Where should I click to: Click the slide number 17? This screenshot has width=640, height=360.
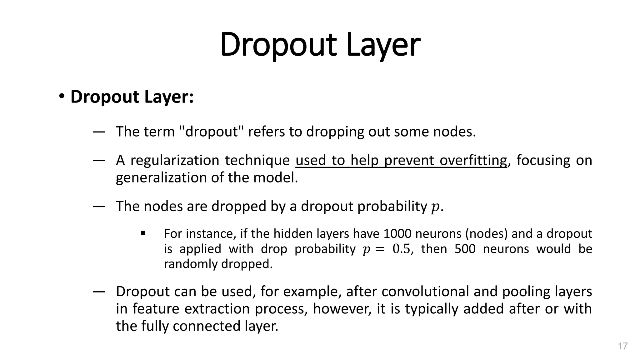tap(623, 346)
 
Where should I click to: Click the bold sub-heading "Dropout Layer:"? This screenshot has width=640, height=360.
tap(132, 97)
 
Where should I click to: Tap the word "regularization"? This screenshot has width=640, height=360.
tap(174, 160)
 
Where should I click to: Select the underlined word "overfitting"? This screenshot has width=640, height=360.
tap(473, 160)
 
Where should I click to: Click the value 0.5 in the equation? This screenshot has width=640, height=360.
tap(401, 249)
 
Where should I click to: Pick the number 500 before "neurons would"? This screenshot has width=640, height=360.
tap(465, 249)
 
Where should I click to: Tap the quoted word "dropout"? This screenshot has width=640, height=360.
tap(212, 132)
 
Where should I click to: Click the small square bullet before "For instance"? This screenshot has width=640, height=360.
tap(143, 233)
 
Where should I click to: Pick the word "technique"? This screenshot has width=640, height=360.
tap(257, 160)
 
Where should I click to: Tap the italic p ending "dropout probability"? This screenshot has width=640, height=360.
tap(435, 207)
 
